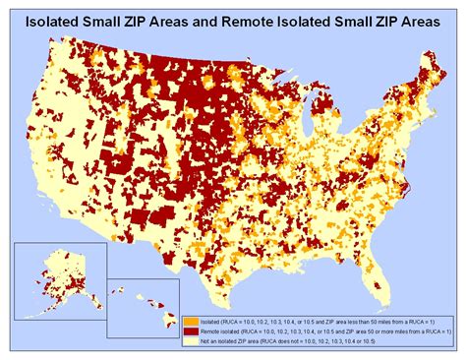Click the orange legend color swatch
[188, 321]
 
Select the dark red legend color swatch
[188, 331]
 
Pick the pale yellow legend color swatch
[188, 342]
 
